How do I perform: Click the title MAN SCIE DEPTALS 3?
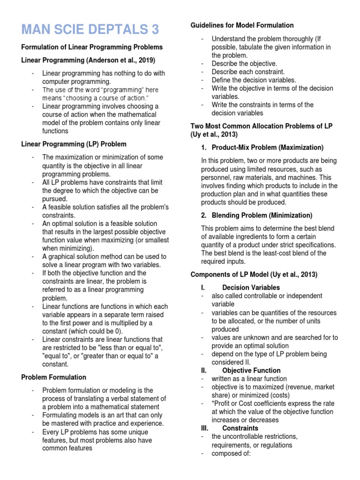coord(90,29)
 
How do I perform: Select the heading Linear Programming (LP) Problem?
coord(74,144)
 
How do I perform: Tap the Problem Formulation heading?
coord(54,377)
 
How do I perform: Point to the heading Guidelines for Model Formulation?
coord(242,25)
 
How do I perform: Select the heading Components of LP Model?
coord(254,275)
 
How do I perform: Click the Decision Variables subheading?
coord(251,287)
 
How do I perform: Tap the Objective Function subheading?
coord(251,370)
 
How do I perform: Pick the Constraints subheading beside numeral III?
coord(240,428)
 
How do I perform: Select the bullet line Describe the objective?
coord(244,63)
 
